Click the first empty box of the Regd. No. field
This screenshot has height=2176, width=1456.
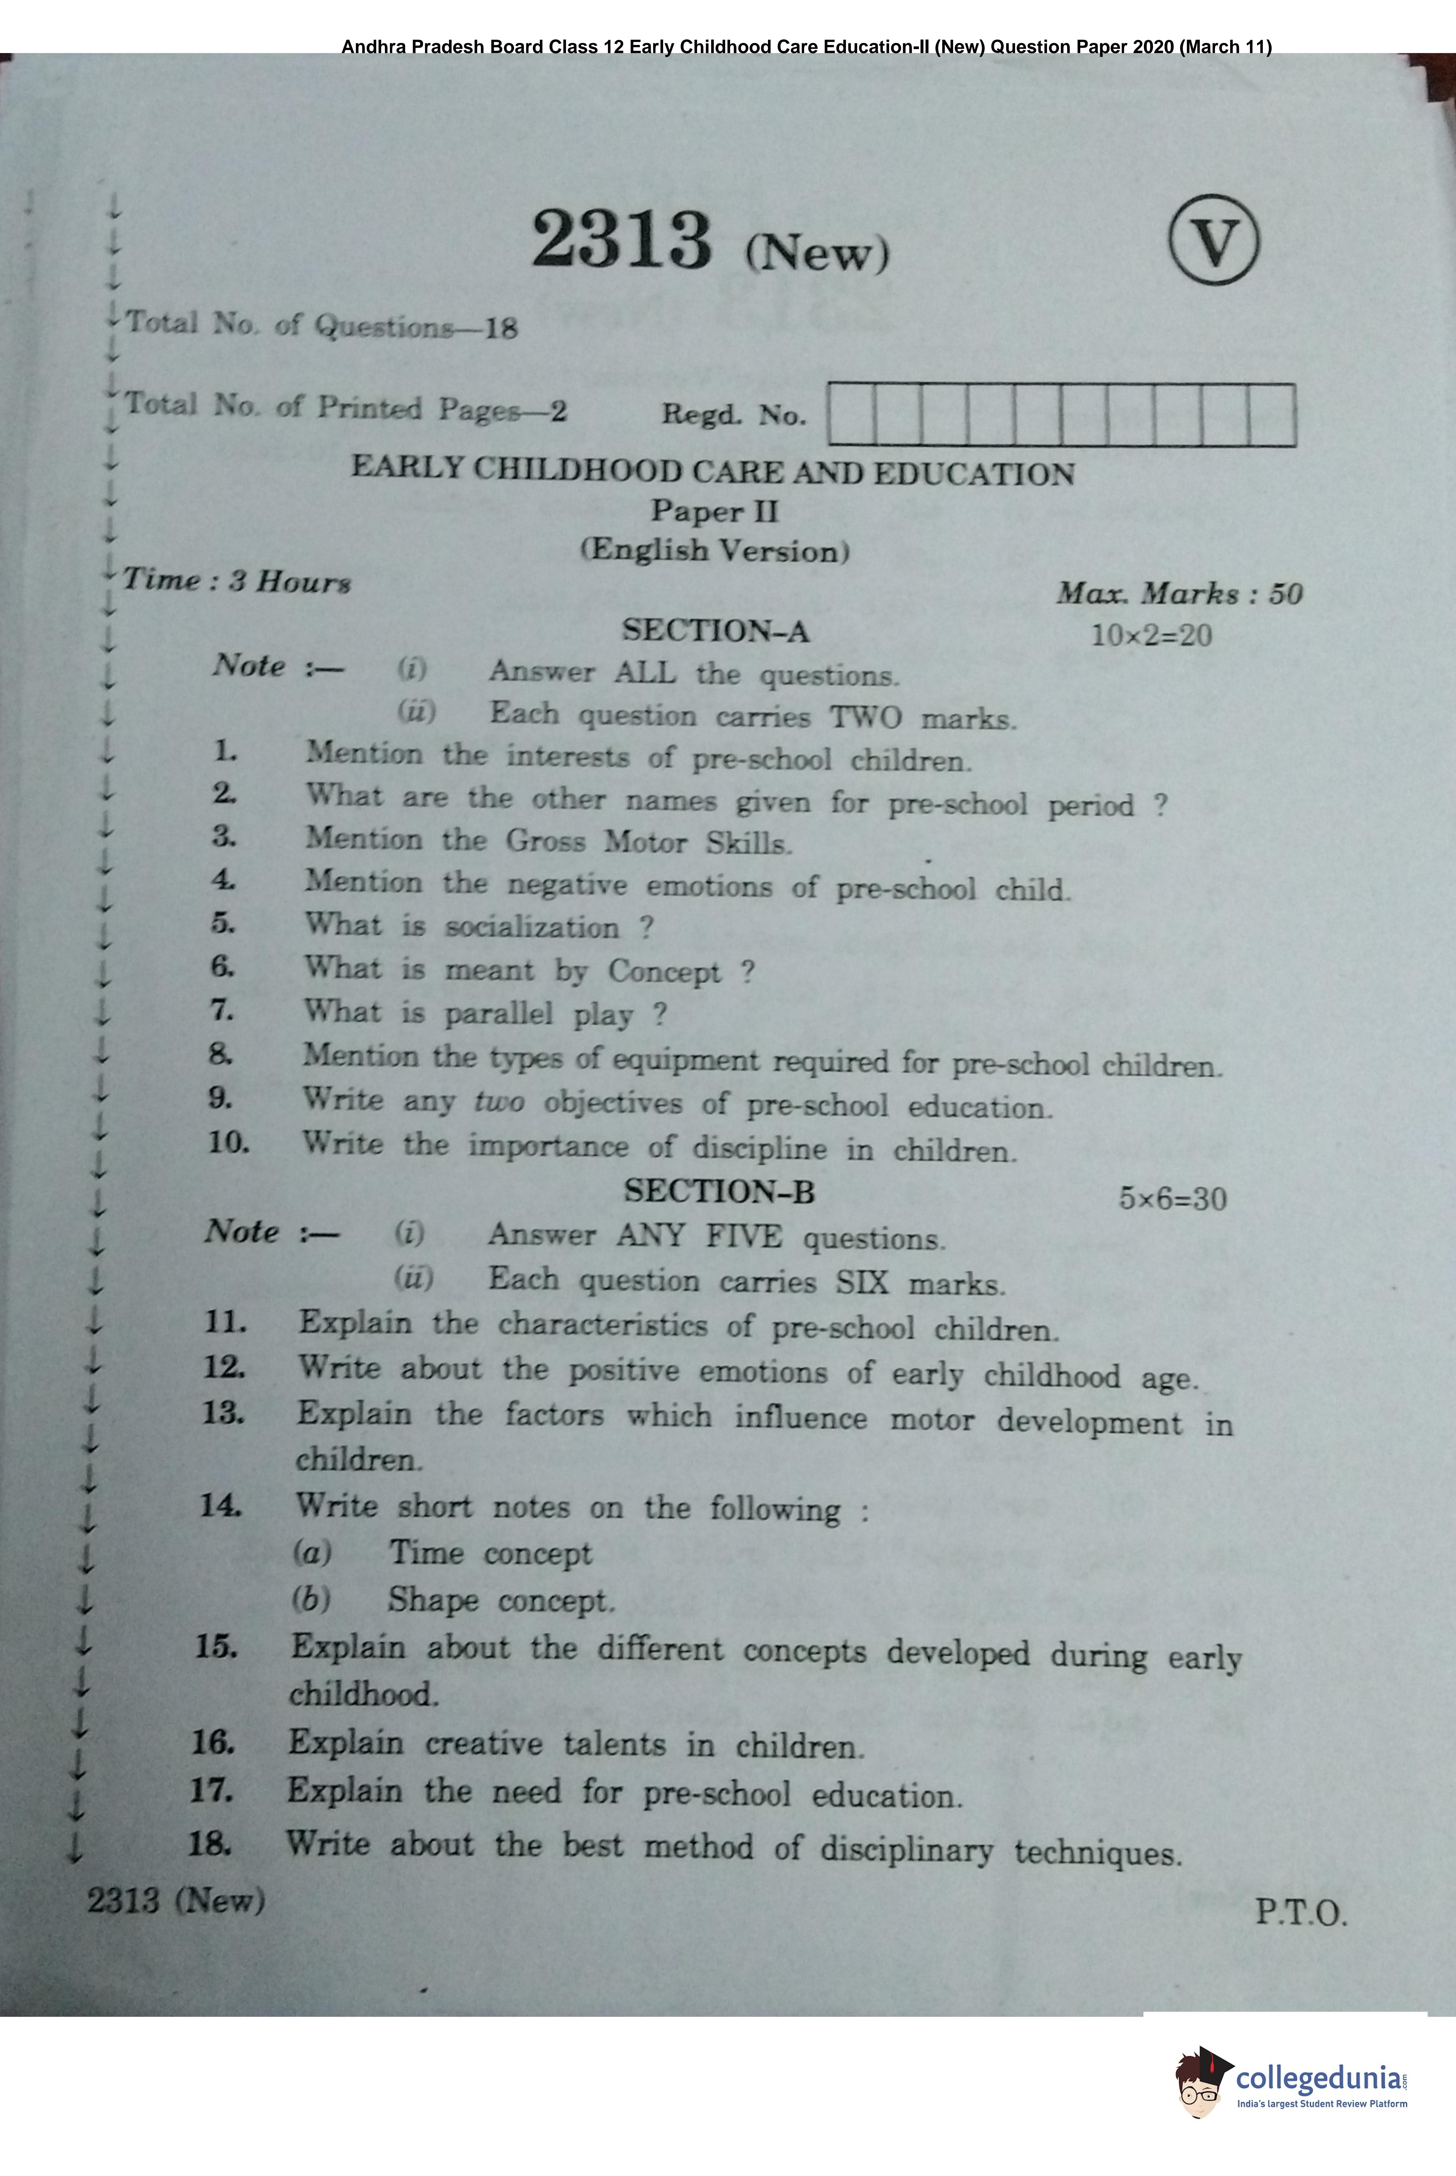pyautogui.click(x=852, y=414)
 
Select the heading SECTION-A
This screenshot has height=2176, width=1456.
pyautogui.click(x=715, y=631)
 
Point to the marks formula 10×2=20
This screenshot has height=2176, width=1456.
pyautogui.click(x=1151, y=636)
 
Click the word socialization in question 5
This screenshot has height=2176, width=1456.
pyautogui.click(x=531, y=927)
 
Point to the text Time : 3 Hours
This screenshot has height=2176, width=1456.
pyautogui.click(x=237, y=581)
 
